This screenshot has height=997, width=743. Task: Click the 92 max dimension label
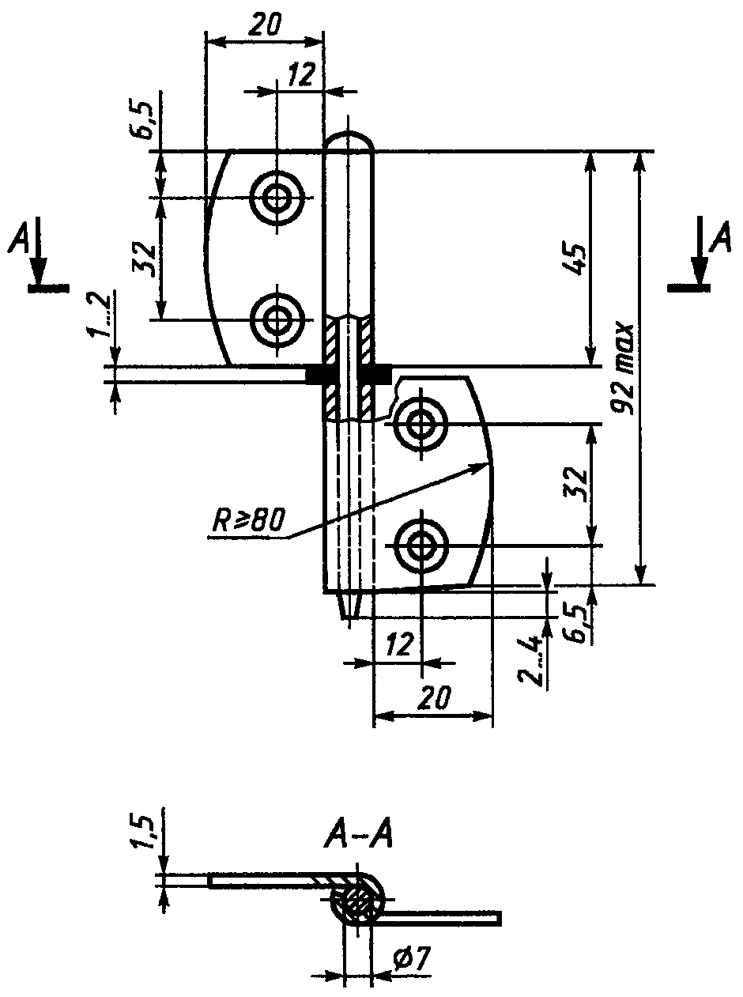622,368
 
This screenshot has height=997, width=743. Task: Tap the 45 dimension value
574,261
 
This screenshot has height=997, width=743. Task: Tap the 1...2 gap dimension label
96,315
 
